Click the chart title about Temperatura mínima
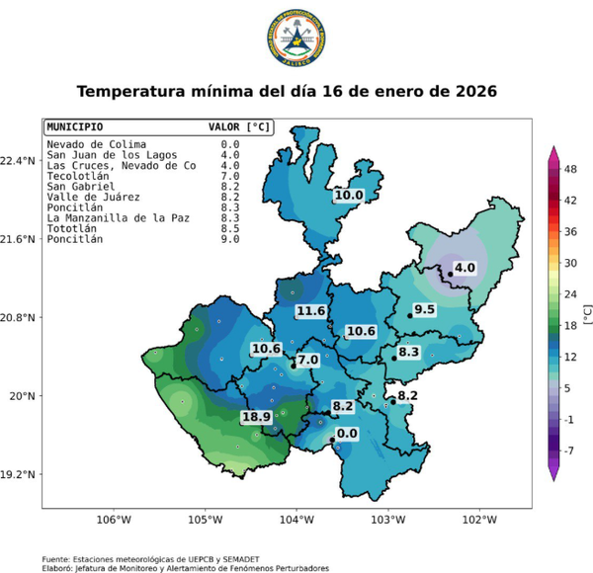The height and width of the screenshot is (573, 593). click(287, 91)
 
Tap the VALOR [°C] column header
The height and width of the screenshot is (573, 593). click(238, 127)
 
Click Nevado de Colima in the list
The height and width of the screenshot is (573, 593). click(95, 144)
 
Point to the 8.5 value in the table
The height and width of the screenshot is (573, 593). click(230, 228)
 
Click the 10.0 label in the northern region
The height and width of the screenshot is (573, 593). click(348, 196)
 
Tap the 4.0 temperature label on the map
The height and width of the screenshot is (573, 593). click(465, 267)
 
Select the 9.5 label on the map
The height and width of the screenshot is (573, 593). click(425, 309)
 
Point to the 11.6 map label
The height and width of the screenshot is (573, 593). click(311, 311)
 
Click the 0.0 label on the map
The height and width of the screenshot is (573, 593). click(347, 433)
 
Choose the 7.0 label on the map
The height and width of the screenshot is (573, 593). click(308, 361)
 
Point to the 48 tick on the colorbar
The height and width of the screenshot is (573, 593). click(571, 169)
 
